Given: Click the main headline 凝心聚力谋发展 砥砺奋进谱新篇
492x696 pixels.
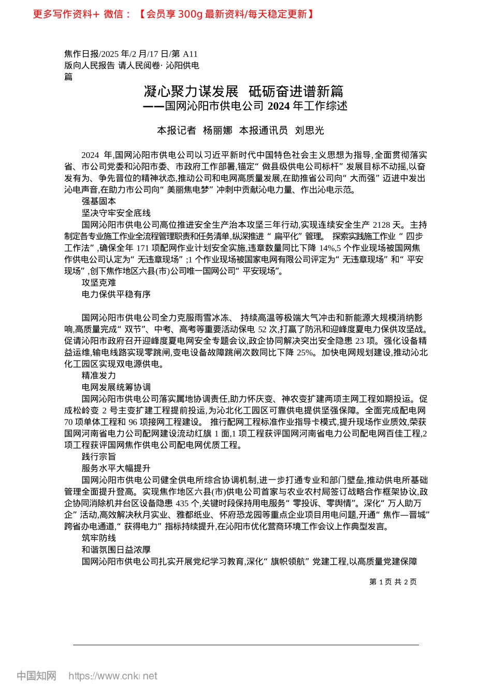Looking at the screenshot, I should coord(243,92).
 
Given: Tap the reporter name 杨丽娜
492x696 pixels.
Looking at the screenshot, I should coord(218,130).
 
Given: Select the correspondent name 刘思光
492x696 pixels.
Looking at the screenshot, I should coord(309,130).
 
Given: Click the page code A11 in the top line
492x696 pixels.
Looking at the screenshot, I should coord(190,54).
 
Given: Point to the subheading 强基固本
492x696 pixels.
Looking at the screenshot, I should coord(99,201).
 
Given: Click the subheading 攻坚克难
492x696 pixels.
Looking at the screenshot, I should coord(99,283).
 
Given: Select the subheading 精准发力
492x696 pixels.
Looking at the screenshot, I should coord(99,375).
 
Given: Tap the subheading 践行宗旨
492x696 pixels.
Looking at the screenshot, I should coord(99,457).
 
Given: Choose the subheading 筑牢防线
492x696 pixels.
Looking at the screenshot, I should coord(99,538).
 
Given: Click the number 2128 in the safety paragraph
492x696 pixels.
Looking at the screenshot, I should coord(382,225).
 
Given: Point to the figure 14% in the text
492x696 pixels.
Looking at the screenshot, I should coord(327,248).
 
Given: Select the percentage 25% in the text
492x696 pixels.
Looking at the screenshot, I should coord(305,352).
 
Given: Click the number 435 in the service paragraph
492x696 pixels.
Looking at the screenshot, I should coord(182,503).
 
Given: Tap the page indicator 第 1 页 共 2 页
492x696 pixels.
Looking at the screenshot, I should coord(393,582).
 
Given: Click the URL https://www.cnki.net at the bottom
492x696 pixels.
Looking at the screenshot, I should coord(113,676).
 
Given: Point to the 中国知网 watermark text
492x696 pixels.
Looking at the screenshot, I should coord(36,676).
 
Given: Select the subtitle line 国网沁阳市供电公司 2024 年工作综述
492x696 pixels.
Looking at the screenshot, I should coord(256,106).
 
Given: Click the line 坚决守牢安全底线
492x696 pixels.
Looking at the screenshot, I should coord(116,213).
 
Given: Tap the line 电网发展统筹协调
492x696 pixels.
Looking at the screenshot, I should coord(116,387).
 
